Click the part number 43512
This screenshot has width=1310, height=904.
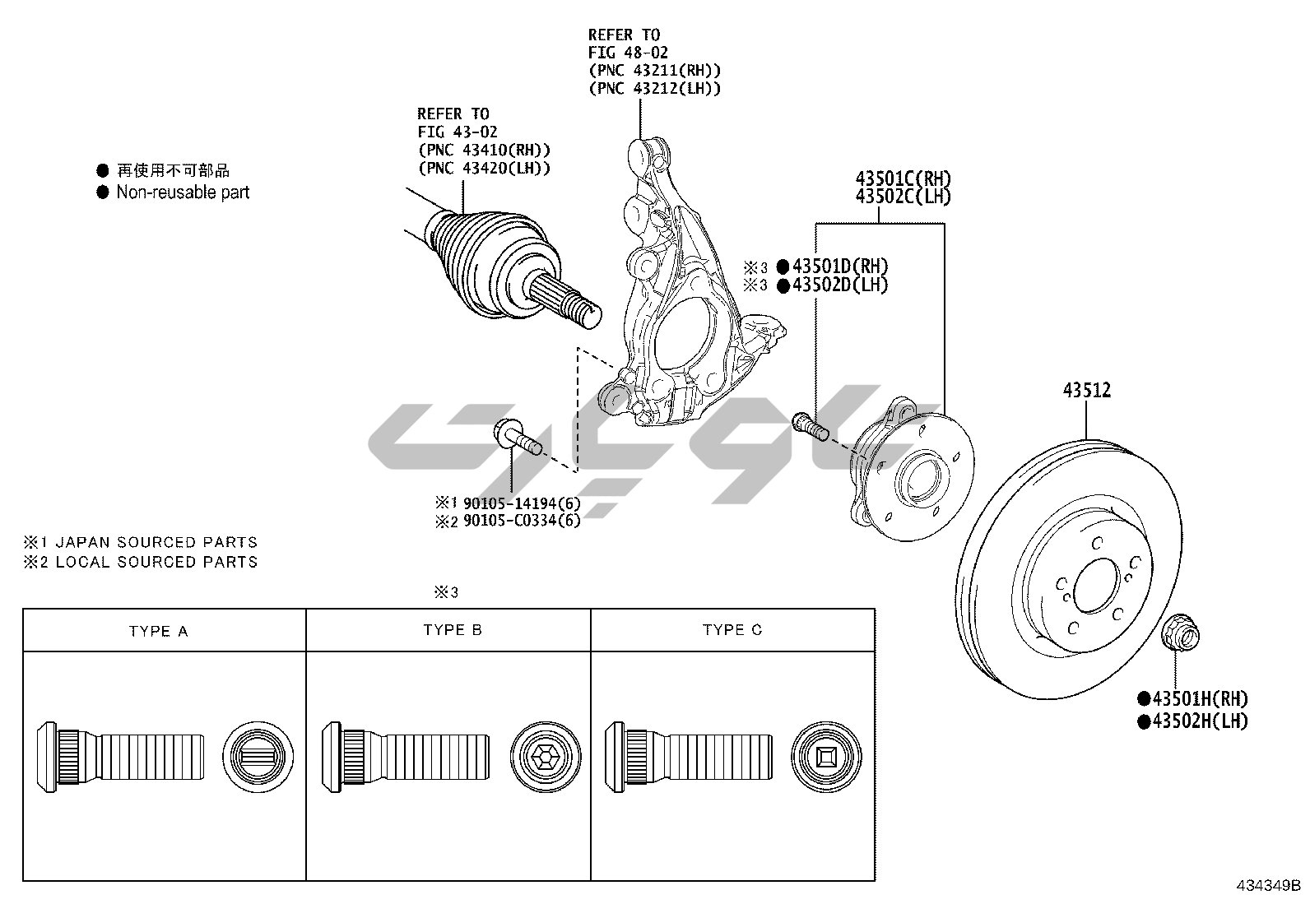pyautogui.click(x=1086, y=390)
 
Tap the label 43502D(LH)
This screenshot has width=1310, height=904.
pyautogui.click(x=839, y=285)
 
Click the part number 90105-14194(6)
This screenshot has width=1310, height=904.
pyautogui.click(x=521, y=503)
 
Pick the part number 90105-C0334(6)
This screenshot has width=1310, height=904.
pyautogui.click(x=521, y=521)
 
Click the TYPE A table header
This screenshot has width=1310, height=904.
pyautogui.click(x=159, y=632)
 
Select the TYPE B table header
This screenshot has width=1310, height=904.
pyautogui.click(x=453, y=630)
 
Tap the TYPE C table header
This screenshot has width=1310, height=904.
pyautogui.click(x=732, y=630)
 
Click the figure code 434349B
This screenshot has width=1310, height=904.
pyautogui.click(x=1268, y=886)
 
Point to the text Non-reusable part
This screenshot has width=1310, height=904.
pyautogui.click(x=183, y=192)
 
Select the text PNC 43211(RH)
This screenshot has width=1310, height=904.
pyautogui.click(x=654, y=70)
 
